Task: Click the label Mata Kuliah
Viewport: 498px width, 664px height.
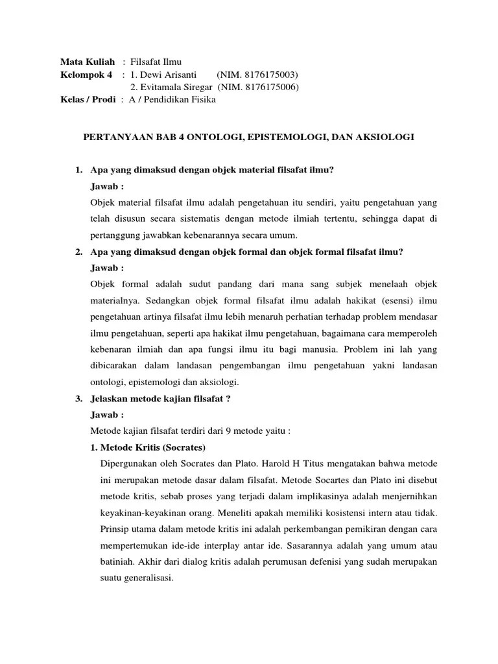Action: [x=88, y=62]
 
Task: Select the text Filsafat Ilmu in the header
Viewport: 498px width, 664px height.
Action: [x=156, y=62]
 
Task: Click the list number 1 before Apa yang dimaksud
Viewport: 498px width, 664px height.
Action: [x=78, y=171]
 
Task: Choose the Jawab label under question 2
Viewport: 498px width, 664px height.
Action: [x=108, y=267]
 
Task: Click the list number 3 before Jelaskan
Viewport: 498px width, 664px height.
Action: [x=78, y=399]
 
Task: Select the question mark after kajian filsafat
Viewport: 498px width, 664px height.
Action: [x=228, y=399]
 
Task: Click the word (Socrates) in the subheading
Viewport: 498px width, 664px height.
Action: [x=181, y=448]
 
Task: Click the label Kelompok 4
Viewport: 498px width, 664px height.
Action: [x=86, y=75]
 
